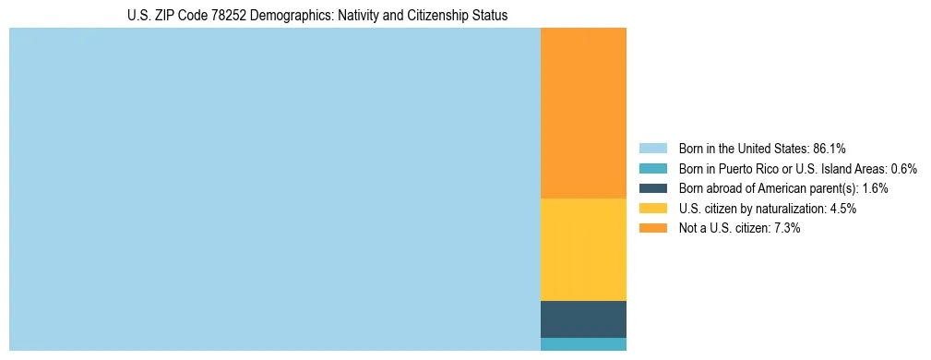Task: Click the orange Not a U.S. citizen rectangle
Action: click(583, 113)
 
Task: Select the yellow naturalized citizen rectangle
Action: click(583, 249)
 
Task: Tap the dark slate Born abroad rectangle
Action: click(583, 318)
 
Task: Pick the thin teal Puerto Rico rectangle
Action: click(583, 344)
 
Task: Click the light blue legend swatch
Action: click(652, 148)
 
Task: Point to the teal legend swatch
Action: click(652, 168)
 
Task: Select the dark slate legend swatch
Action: click(652, 188)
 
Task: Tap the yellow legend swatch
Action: click(652, 209)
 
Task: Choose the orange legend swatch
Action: click(652, 228)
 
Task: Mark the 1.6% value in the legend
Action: click(875, 188)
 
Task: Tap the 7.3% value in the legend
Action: click(787, 228)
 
